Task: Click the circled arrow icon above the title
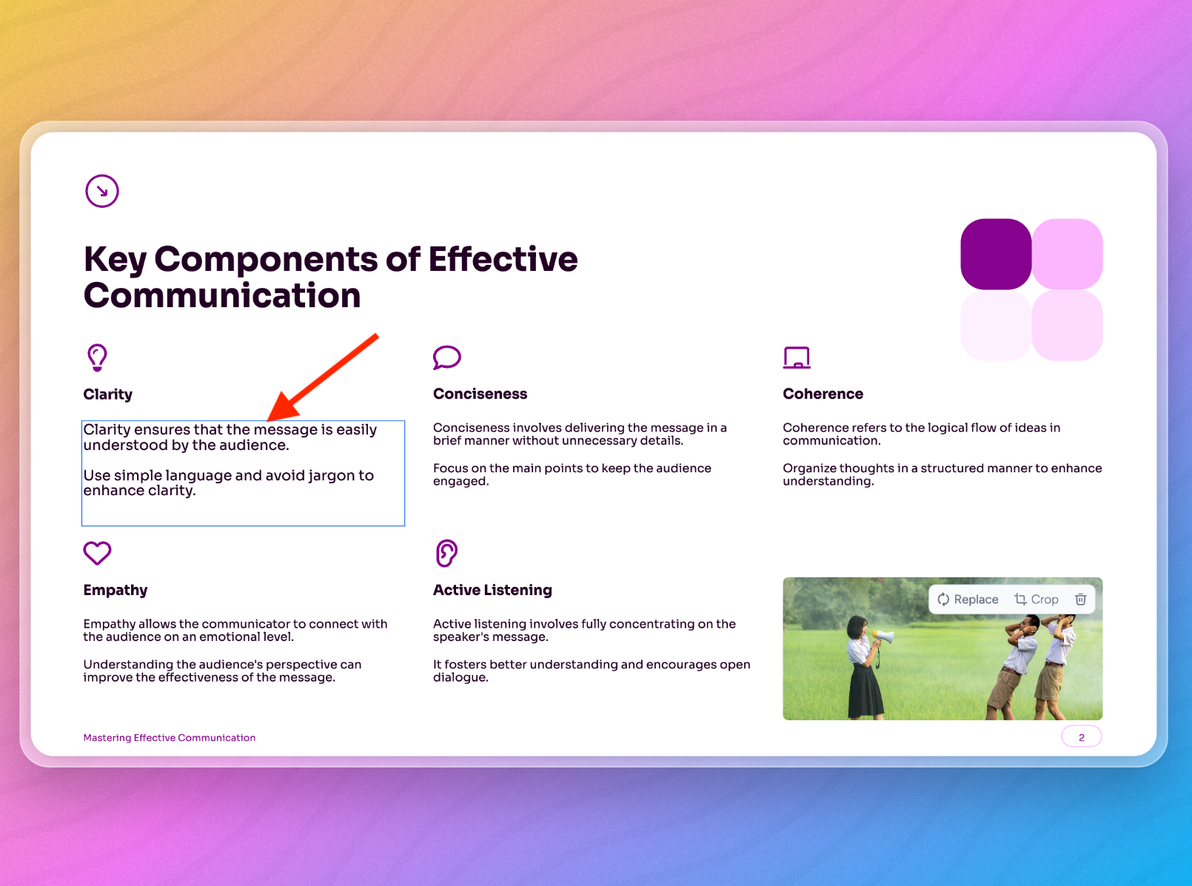[101, 191]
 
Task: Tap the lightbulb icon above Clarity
[97, 358]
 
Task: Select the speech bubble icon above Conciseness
[446, 358]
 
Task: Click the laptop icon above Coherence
[797, 358]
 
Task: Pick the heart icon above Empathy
[97, 553]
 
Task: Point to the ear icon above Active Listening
[446, 553]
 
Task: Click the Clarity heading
[107, 395]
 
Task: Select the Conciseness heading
[480, 394]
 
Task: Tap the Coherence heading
[823, 394]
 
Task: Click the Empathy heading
[115, 590]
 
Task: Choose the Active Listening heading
[492, 590]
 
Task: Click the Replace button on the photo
[968, 599]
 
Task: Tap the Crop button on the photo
[1036, 599]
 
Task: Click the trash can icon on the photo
[1080, 599]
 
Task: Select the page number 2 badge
[1081, 737]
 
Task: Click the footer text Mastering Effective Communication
[170, 738]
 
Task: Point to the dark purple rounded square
[996, 254]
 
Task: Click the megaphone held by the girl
[883, 637]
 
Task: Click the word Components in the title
[266, 260]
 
